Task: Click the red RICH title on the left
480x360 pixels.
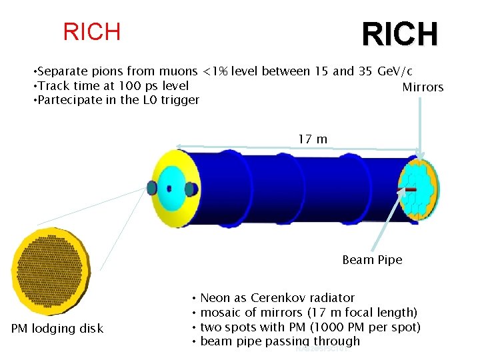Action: pyautogui.click(x=91, y=31)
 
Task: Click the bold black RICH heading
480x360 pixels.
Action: pyautogui.click(x=399, y=35)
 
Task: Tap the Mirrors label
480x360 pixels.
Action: pyautogui.click(x=423, y=87)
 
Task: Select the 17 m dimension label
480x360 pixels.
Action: pyautogui.click(x=312, y=139)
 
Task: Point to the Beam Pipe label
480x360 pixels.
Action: pyautogui.click(x=372, y=260)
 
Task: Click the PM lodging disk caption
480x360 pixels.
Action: pyautogui.click(x=57, y=328)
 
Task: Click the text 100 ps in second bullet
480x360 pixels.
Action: pyautogui.click(x=134, y=86)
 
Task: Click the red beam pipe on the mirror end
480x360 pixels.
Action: pyautogui.click(x=408, y=190)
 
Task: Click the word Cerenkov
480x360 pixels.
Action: pyautogui.click(x=279, y=298)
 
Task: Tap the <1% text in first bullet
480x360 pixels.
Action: pyautogui.click(x=216, y=71)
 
